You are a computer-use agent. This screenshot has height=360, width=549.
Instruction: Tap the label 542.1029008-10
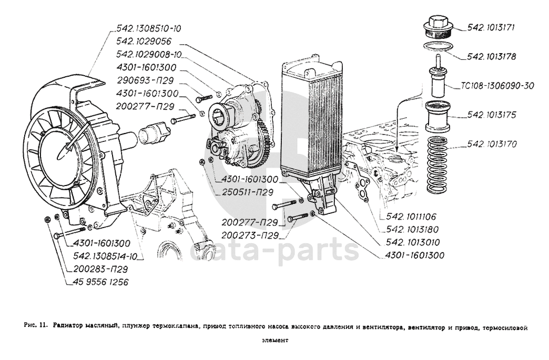click(x=149, y=55)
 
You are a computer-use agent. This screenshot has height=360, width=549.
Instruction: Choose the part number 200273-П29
click(x=250, y=235)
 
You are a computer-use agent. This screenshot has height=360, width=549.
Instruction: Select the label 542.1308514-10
click(x=106, y=256)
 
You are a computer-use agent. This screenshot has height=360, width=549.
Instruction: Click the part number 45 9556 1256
click(x=98, y=282)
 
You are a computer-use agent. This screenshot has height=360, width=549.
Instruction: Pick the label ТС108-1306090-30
click(x=497, y=86)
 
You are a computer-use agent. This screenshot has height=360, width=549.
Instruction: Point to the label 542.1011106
click(x=412, y=216)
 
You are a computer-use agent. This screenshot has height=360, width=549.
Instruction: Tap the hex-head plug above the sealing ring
click(x=438, y=26)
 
